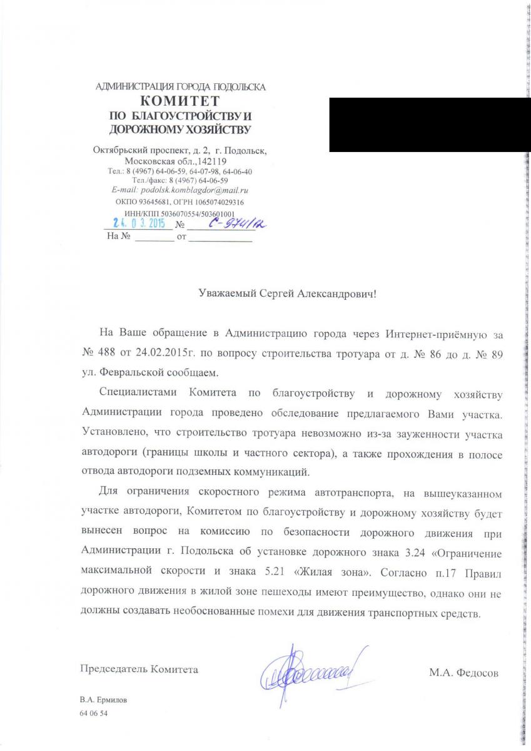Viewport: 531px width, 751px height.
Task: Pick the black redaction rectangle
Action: [x=417, y=125]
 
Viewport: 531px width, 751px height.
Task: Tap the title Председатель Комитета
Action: [x=139, y=669]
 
